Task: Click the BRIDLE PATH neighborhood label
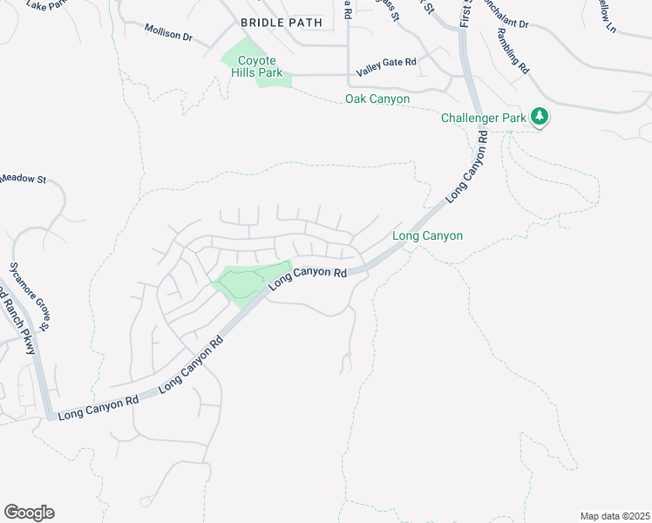(281, 22)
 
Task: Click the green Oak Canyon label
(377, 99)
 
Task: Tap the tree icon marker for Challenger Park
(540, 117)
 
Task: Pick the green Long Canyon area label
(427, 236)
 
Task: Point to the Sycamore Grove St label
(30, 296)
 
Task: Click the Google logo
(29, 513)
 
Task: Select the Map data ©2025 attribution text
(615, 516)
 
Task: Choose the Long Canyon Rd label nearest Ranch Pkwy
(98, 408)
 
